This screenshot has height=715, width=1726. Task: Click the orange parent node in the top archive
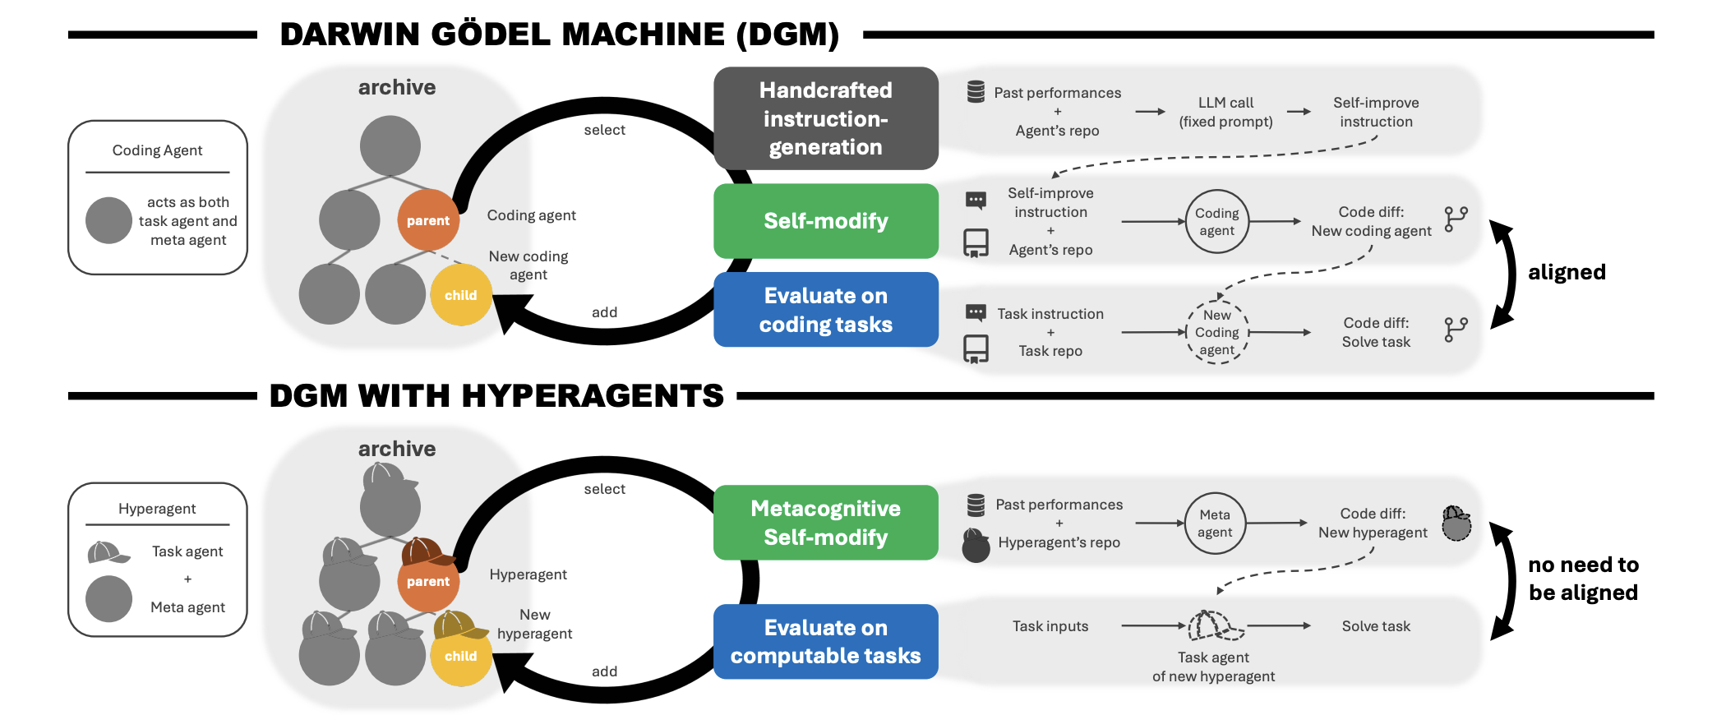(x=427, y=220)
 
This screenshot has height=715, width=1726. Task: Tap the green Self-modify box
(x=825, y=221)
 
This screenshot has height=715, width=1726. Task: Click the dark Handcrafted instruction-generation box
(x=825, y=118)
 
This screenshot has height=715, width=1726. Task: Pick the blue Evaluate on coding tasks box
(x=825, y=310)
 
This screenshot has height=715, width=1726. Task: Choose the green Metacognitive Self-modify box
(x=825, y=523)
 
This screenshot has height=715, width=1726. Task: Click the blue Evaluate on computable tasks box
(x=825, y=642)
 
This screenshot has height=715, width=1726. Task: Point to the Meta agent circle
(x=1214, y=524)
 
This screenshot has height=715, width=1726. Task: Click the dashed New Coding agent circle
(x=1216, y=333)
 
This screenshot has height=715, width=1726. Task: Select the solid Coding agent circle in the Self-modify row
(x=1216, y=221)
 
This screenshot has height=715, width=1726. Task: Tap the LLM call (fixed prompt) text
(x=1225, y=113)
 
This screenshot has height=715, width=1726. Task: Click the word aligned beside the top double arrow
(x=1566, y=273)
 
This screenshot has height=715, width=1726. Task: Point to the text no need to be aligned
(x=1582, y=579)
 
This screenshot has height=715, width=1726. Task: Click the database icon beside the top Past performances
(x=976, y=92)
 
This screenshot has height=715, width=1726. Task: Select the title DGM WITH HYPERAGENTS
(x=496, y=396)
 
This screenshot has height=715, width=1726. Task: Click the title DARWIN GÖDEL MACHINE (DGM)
(x=559, y=35)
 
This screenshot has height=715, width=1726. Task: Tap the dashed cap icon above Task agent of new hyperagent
(x=1215, y=626)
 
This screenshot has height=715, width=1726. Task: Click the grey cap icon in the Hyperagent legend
(x=108, y=552)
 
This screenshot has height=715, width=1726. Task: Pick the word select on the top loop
(x=604, y=130)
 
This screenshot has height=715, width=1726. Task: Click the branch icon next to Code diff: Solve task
(x=1455, y=330)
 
